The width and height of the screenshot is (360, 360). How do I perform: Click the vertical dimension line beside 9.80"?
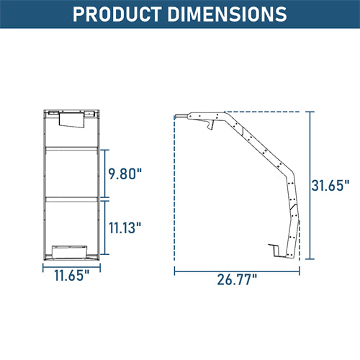pos(107,174)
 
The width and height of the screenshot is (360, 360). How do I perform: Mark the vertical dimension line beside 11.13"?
pos(107,228)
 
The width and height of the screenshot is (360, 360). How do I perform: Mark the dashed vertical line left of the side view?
pos(175,187)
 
